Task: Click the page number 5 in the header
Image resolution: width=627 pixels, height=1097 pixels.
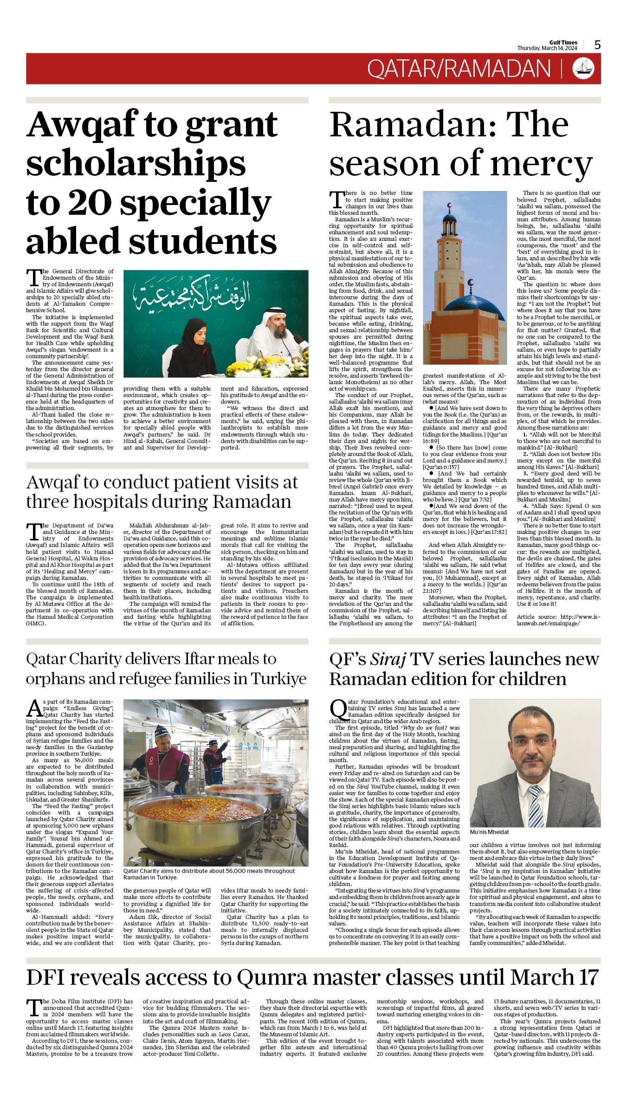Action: coord(597,45)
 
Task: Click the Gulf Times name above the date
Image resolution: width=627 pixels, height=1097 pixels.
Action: coord(563,42)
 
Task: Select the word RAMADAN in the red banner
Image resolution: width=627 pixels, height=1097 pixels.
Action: coord(497,69)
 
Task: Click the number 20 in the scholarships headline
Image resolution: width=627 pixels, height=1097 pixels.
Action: coord(88,203)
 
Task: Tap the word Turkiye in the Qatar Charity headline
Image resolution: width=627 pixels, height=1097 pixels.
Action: coord(278,679)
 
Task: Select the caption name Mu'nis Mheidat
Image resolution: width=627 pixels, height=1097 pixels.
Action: coord(489,832)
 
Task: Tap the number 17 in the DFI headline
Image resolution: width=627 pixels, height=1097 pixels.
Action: coord(588,977)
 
